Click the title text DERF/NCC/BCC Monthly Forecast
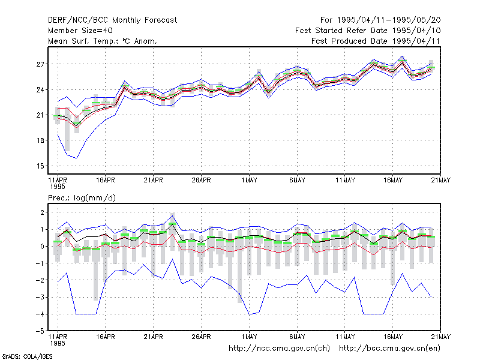[112, 20]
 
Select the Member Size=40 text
[80, 31]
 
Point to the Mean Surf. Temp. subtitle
[102, 41]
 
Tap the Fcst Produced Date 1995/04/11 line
[376, 41]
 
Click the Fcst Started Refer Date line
[368, 31]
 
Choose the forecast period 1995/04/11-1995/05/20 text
[380, 20]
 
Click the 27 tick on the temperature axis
[40, 64]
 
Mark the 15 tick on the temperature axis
[40, 166]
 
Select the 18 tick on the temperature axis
[40, 140]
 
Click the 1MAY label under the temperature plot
[249, 180]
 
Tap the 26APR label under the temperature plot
[201, 180]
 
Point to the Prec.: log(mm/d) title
[82, 198]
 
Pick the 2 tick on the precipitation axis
[42, 212]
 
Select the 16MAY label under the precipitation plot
[393, 337]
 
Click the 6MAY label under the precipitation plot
[297, 337]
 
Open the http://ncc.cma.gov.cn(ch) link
[279, 349]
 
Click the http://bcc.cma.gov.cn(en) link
[389, 349]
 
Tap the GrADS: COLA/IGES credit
[27, 356]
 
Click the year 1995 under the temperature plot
[58, 187]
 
